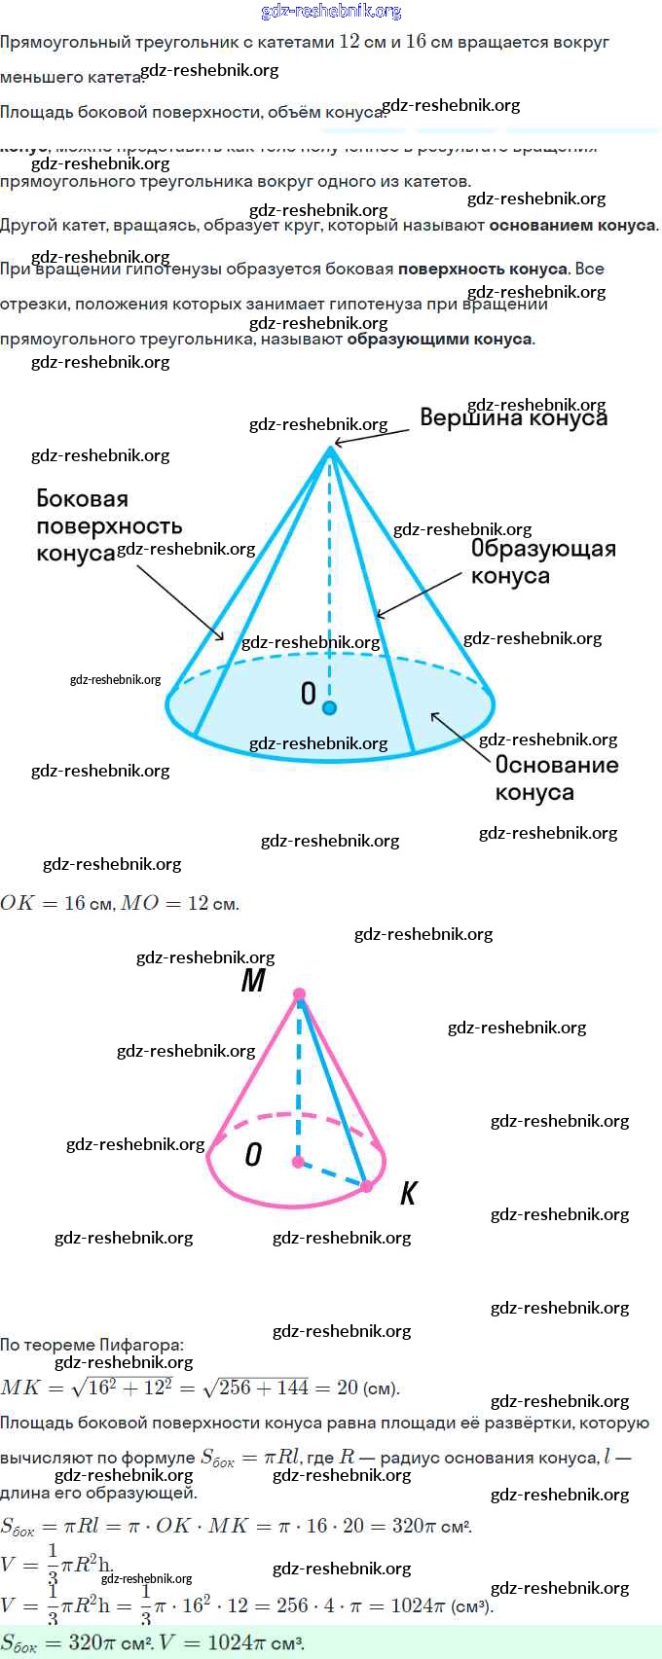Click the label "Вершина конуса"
(x=513, y=417)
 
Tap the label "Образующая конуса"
(x=542, y=562)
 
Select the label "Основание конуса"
(x=556, y=778)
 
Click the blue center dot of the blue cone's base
(x=329, y=707)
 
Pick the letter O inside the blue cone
(x=308, y=694)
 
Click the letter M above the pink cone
(x=253, y=981)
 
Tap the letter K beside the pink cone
(x=408, y=1194)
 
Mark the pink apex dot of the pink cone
(x=299, y=994)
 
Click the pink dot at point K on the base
(x=366, y=1186)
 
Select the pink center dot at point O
(x=298, y=1162)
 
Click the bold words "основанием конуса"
(x=572, y=226)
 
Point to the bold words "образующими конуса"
(x=440, y=340)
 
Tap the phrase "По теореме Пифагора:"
(x=92, y=1346)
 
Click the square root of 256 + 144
(x=263, y=1388)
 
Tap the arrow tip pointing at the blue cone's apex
(x=333, y=445)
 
